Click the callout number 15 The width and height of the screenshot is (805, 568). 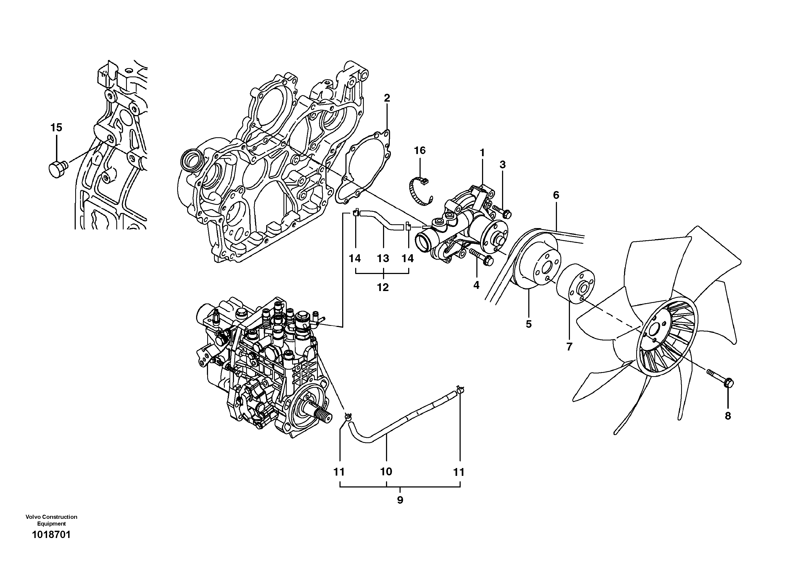click(56, 128)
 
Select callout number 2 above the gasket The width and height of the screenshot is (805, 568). click(387, 98)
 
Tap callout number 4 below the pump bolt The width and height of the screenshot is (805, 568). click(476, 285)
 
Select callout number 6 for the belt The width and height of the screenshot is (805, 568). click(556, 195)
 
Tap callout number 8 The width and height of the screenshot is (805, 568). click(728, 416)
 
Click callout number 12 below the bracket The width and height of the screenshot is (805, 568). click(383, 288)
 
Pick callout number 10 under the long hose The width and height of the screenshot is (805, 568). click(386, 472)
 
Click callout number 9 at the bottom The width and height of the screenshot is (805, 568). click(400, 500)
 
